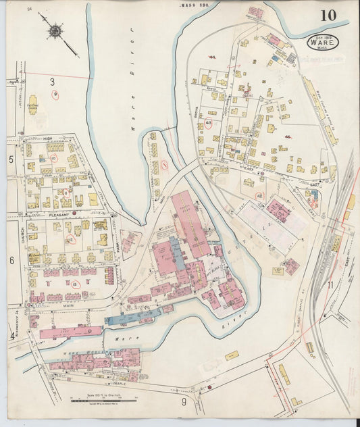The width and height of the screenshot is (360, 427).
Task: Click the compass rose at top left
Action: [54, 31]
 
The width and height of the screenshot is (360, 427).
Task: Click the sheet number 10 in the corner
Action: [329, 16]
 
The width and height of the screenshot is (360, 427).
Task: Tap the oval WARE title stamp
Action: [323, 42]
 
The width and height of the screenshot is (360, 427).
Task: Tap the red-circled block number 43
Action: [208, 123]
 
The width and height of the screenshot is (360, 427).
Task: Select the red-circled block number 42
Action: [259, 195]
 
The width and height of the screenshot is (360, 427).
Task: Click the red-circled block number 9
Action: [56, 95]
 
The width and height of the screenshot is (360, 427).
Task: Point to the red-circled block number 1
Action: [163, 164]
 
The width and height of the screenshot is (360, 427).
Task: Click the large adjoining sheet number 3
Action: [51, 82]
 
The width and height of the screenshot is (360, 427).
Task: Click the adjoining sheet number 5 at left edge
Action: [11, 160]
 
